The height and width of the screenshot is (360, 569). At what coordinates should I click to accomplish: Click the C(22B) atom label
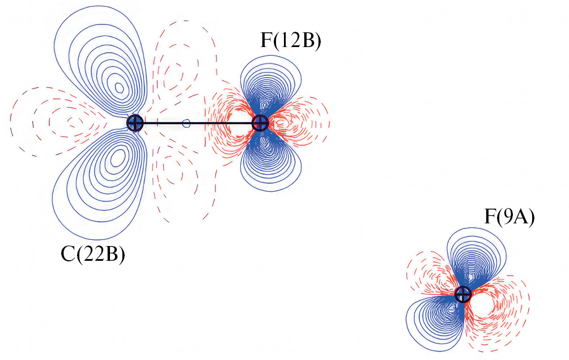pyautogui.click(x=93, y=255)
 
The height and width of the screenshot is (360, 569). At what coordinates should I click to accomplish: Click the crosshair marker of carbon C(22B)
pyautogui.click(x=135, y=122)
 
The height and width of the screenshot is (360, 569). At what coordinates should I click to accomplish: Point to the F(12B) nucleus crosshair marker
pyautogui.click(x=260, y=122)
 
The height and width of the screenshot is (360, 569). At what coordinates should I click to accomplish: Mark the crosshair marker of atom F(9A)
pyautogui.click(x=463, y=294)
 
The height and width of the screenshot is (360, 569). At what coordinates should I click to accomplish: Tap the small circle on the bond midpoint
pyautogui.click(x=186, y=122)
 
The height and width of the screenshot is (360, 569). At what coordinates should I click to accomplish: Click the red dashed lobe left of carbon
pyautogui.click(x=62, y=122)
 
